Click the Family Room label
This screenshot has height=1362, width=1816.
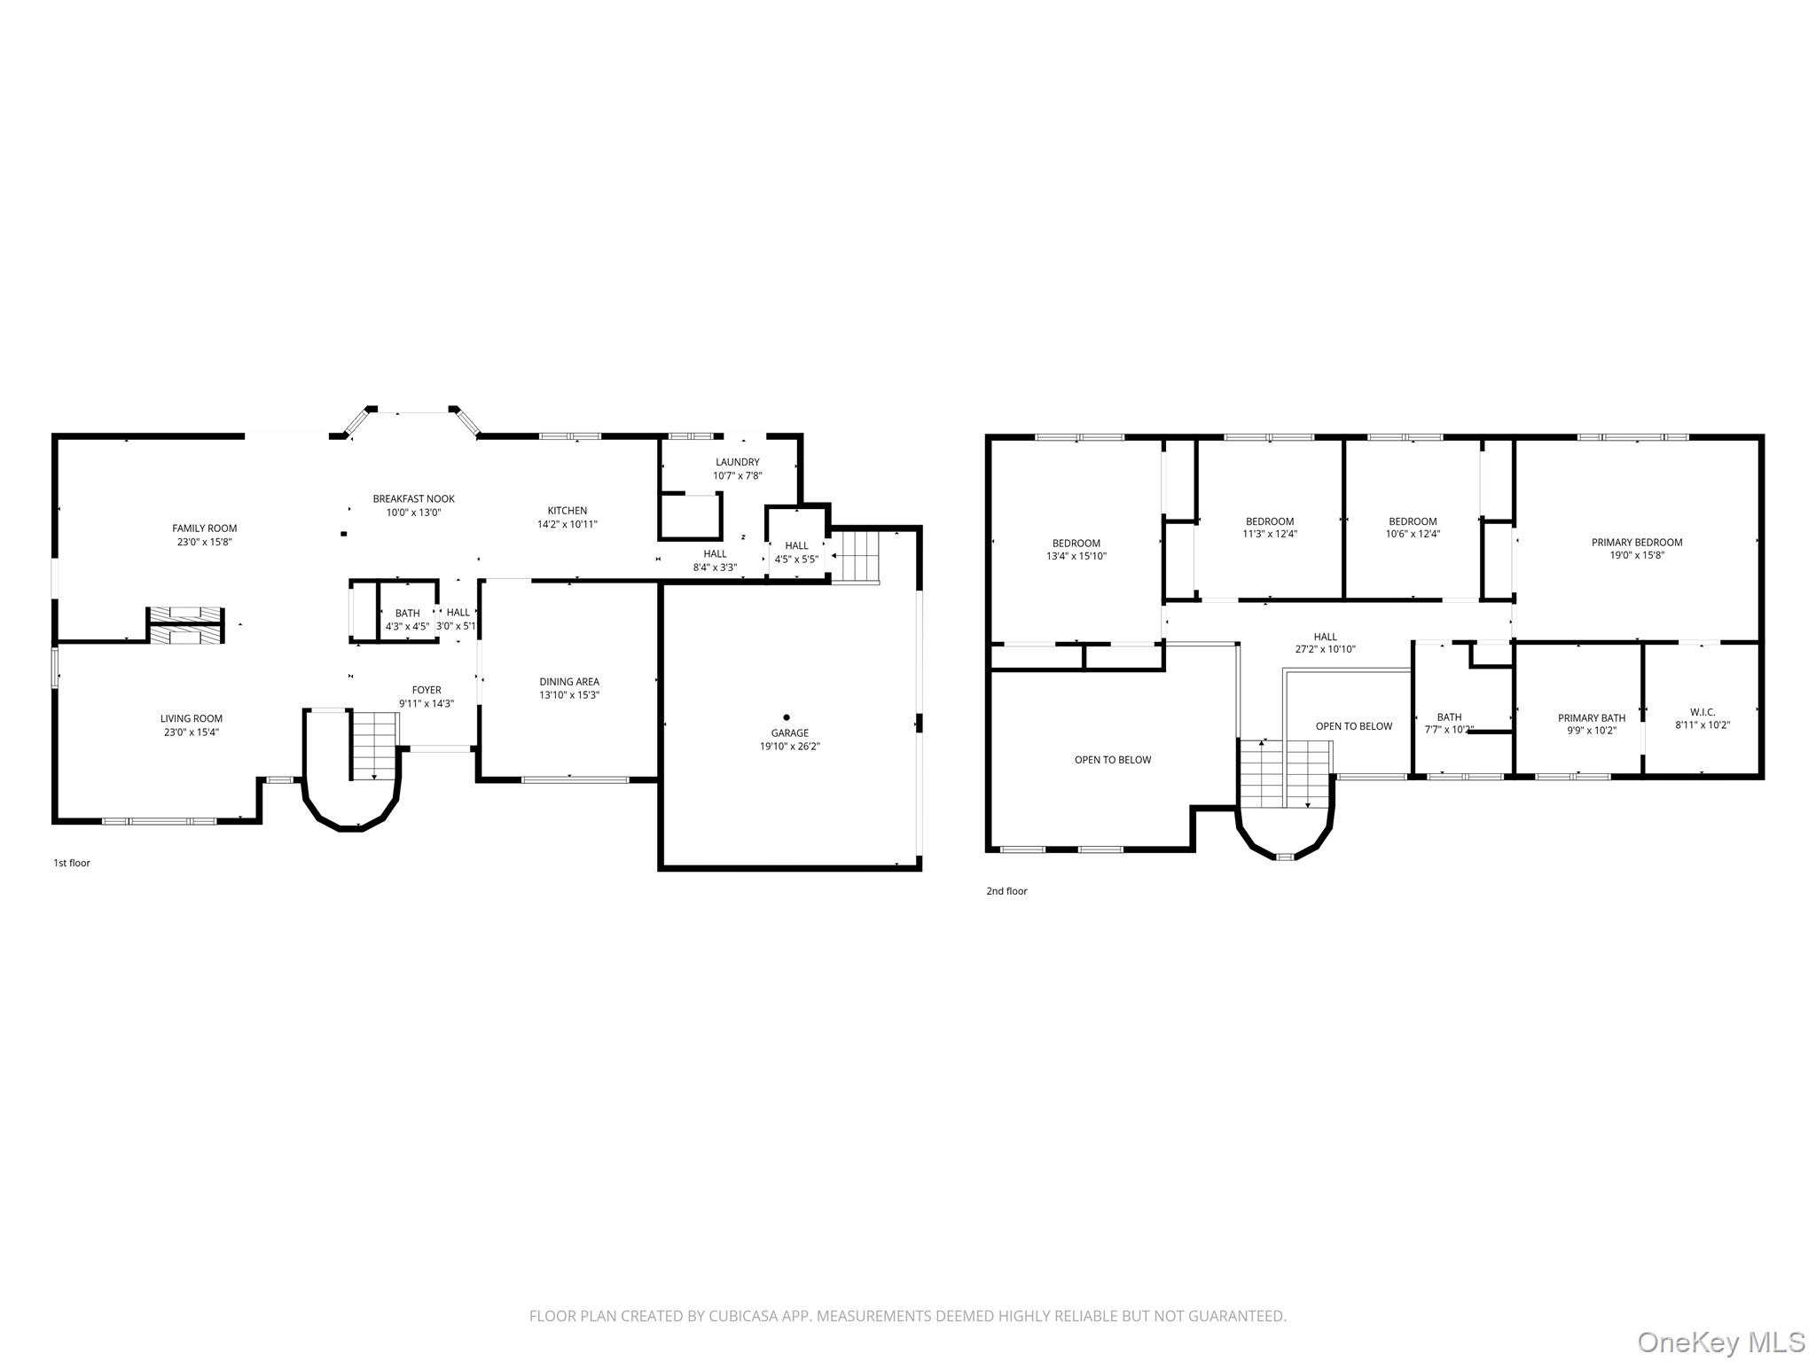(205, 528)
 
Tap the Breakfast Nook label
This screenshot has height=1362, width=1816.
(413, 499)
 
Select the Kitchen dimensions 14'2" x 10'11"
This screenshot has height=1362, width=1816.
(567, 524)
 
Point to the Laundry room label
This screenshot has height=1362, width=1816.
(738, 462)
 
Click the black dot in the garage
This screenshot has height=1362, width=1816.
(787, 717)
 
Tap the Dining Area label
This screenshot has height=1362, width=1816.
(569, 682)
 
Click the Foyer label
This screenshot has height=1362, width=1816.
(427, 690)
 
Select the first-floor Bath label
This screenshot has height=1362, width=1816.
(408, 613)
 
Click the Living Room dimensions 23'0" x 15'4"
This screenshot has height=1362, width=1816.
(192, 732)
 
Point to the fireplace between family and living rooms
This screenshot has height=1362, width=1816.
(184, 625)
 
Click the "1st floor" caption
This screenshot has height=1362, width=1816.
(72, 863)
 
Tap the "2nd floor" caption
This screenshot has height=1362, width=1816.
(1007, 891)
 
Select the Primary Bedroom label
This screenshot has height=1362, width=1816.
(1637, 543)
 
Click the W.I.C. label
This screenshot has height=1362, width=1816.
(1702, 712)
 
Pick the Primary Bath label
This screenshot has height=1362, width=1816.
(1592, 718)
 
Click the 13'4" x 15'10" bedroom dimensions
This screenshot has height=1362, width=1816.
(1076, 557)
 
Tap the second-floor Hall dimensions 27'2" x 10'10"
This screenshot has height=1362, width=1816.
(1326, 649)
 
